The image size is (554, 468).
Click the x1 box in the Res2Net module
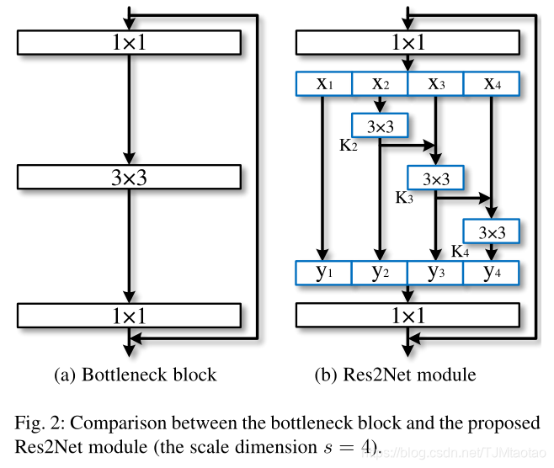323,83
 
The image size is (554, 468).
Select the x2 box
379,83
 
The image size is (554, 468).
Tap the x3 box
434,83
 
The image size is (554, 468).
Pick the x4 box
490,83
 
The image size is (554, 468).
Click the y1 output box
323,272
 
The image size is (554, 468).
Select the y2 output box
379,272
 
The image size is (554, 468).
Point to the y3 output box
434,272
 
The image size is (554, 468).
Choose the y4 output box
490,272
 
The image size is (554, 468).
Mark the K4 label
460,251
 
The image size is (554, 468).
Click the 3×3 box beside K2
379,126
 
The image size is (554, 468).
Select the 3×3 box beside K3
435,178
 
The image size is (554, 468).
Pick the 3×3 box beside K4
491,231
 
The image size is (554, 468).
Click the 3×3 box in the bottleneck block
129,178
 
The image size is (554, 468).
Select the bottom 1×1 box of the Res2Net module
408,316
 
